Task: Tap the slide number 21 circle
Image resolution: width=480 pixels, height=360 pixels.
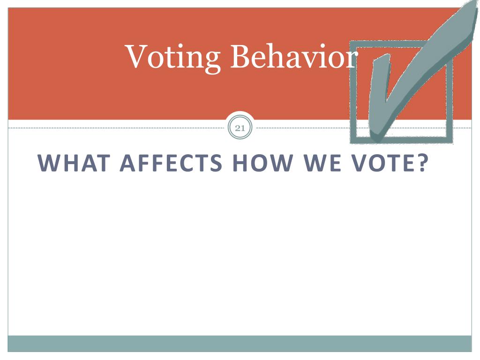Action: pos(240,127)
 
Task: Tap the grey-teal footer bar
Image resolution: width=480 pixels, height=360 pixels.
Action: pos(240,343)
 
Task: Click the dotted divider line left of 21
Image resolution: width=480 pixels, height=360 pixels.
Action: pos(117,127)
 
